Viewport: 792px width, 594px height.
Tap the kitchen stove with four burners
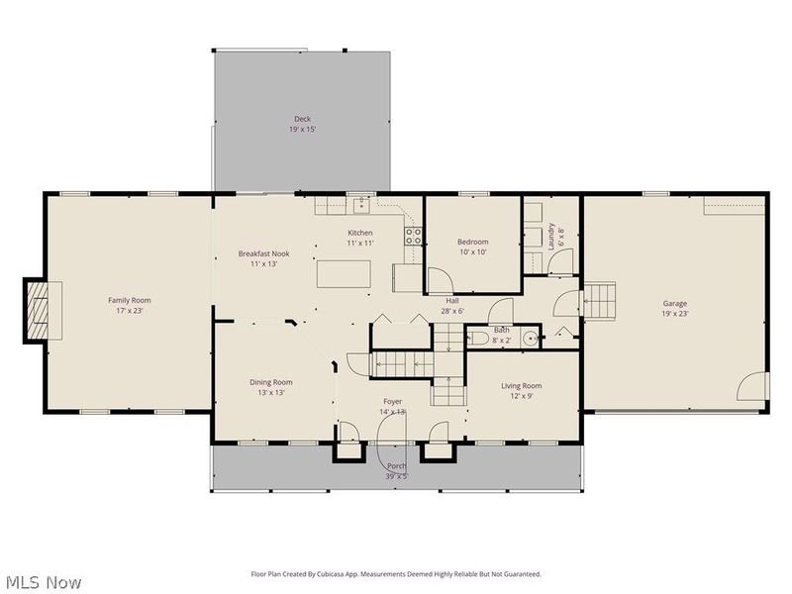coord(414,236)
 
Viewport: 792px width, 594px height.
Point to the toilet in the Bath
coord(479,339)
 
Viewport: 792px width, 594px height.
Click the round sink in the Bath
coord(532,339)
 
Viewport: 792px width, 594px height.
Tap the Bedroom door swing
coord(437,280)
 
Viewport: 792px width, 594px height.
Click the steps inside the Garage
coord(599,298)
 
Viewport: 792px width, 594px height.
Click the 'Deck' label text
coord(302,119)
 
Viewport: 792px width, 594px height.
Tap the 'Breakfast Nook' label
coord(263,253)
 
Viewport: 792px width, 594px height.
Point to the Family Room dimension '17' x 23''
coord(130,310)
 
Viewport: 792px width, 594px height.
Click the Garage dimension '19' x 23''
coord(674,314)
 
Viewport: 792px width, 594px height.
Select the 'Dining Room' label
coord(270,382)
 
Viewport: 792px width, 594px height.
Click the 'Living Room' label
coord(521,386)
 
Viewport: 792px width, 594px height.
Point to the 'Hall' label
coord(451,300)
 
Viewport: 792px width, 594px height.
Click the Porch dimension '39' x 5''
coord(398,476)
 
